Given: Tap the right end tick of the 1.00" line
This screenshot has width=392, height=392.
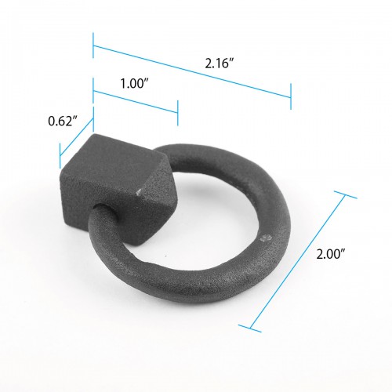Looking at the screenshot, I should pyautogui.click(x=177, y=113).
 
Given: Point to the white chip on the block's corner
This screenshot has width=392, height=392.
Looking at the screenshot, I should pyautogui.click(x=140, y=191).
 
